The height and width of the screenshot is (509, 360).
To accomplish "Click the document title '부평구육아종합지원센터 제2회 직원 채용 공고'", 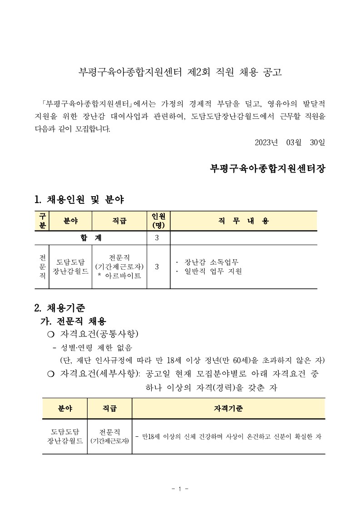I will tap(180, 73).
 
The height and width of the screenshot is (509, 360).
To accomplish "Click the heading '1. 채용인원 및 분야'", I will tap(79, 199).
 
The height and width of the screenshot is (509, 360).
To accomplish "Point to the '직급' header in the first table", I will tap(119, 221).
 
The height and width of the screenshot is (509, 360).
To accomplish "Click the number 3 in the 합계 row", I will tap(157, 238).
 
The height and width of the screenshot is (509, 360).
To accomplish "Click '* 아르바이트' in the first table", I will tap(119, 276).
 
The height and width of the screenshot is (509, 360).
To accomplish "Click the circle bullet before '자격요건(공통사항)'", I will tap(50, 335).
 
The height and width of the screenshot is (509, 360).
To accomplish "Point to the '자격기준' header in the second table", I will tap(228, 409).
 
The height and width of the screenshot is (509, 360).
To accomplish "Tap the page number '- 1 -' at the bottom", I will tap(180, 489).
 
